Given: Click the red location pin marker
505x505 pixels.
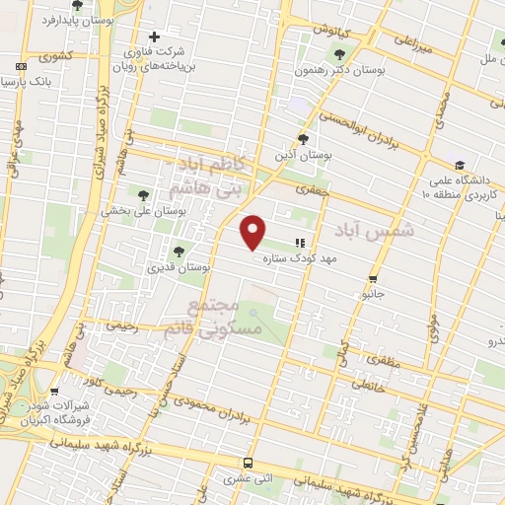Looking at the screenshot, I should coord(253,232).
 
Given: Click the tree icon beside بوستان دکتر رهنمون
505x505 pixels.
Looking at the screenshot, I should coord(340,55).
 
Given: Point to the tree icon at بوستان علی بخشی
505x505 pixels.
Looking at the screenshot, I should coord(145,194).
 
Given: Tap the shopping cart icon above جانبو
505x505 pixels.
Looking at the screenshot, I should coord(373,279).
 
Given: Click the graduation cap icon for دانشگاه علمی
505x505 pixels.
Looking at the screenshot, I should coord(459,165).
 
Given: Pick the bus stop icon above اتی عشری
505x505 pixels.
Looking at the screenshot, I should coord(247,462).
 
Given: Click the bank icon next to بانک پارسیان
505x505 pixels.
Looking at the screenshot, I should coord(22,68).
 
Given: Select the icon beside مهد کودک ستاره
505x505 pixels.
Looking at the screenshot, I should coord(300,242).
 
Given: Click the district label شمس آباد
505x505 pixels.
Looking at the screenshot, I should coord(371,228).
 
